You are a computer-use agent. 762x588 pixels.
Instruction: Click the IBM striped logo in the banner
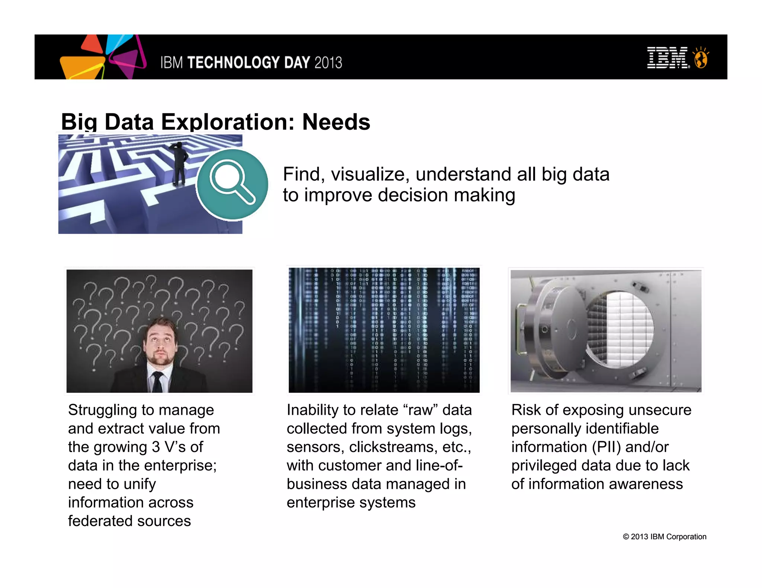668,58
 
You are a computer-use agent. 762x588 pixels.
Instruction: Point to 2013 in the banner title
328,62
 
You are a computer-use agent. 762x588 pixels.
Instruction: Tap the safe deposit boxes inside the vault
625,327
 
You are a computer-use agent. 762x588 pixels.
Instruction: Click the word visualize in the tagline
370,174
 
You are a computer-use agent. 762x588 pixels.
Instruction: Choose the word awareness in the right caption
646,484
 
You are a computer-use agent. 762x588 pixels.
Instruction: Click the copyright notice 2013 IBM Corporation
665,537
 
